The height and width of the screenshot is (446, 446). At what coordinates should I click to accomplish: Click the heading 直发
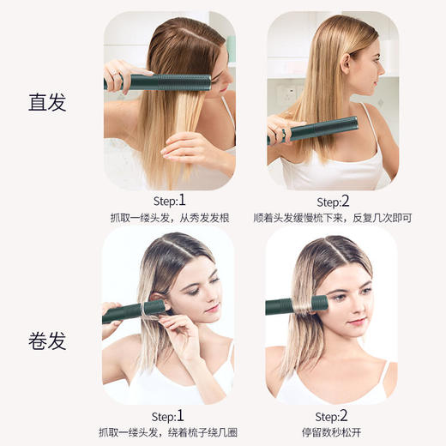47,104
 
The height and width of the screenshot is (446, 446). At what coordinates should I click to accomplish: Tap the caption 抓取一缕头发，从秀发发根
168,219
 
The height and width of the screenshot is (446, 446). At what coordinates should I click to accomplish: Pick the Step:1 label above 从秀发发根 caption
168,201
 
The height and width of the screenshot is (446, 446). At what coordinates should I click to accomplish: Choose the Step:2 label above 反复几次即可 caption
334,201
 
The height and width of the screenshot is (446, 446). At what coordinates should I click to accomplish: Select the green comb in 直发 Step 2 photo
317,129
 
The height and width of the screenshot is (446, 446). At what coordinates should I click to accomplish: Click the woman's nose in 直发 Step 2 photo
378,73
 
